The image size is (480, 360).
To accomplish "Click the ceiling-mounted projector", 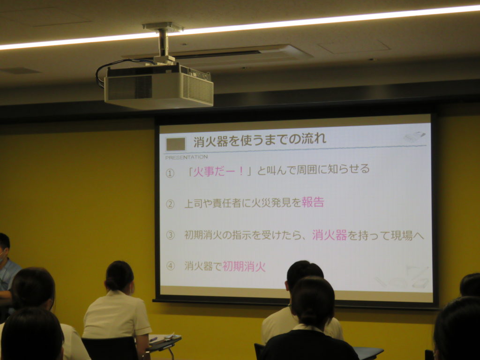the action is click(x=159, y=87).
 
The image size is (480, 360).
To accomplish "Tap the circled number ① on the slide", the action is click(x=170, y=173).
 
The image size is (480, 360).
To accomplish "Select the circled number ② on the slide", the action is click(x=170, y=204).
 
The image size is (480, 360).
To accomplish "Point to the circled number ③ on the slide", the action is click(x=170, y=235).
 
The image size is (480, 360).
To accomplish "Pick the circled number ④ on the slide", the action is click(x=170, y=266).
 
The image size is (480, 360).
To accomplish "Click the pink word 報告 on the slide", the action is click(x=313, y=202).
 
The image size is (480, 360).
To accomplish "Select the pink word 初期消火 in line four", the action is click(x=244, y=266).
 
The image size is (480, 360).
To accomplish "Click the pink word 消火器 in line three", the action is click(x=330, y=235).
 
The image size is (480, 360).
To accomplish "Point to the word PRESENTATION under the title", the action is click(x=187, y=157).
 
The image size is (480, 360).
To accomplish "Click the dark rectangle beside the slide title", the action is click(x=176, y=144).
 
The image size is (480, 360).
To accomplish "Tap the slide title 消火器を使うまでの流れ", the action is click(x=260, y=141).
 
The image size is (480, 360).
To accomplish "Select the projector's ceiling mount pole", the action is click(x=164, y=43).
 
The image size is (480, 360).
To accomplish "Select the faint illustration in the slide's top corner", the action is click(x=415, y=136).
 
